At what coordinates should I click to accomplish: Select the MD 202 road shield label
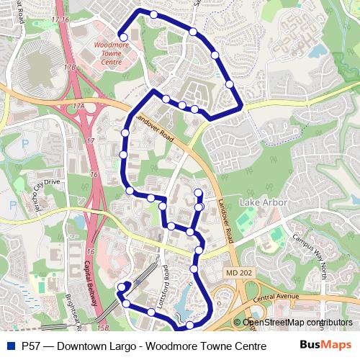point(239,273)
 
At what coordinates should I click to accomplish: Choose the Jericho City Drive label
point(41,190)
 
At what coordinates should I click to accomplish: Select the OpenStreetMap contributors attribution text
point(298,323)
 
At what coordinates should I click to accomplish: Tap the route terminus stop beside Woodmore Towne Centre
point(123,37)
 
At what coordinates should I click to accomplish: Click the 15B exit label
point(102,328)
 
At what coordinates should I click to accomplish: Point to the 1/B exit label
point(70,67)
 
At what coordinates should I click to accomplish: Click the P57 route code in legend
point(31,345)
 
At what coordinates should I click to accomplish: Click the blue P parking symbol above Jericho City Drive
point(12,205)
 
